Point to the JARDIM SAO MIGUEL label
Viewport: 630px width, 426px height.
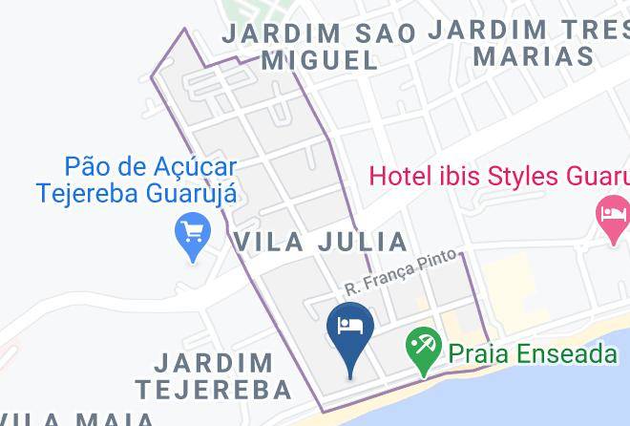pos(320,46)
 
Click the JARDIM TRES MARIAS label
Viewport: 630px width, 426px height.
pos(530,42)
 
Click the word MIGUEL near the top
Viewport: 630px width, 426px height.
pos(320,60)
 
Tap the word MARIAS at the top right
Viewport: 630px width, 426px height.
pos(534,56)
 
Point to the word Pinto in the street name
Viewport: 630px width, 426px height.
pos(436,264)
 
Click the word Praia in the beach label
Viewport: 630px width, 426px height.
pos(474,354)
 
